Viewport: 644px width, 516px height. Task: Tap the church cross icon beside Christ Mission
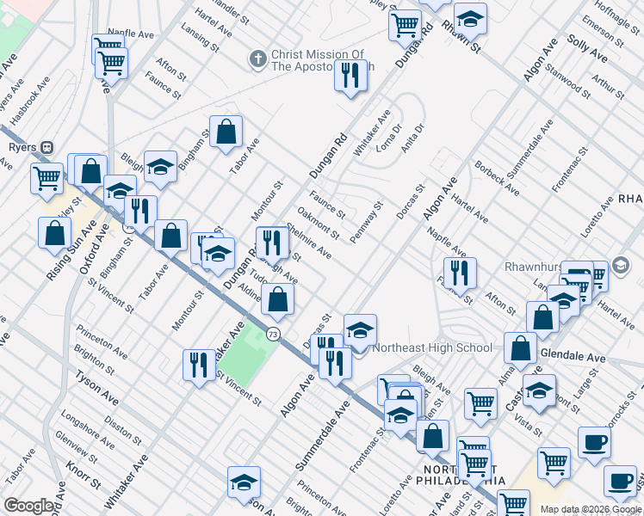(257, 59)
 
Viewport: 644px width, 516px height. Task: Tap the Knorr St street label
(80, 478)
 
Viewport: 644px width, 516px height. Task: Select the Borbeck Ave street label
(497, 176)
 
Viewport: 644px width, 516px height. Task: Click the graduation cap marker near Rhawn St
(470, 19)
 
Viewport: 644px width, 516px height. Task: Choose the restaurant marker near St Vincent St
(199, 364)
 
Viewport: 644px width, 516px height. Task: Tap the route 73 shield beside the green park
(273, 333)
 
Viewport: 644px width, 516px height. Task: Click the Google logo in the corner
(28, 506)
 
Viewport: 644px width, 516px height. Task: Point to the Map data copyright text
(591, 509)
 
